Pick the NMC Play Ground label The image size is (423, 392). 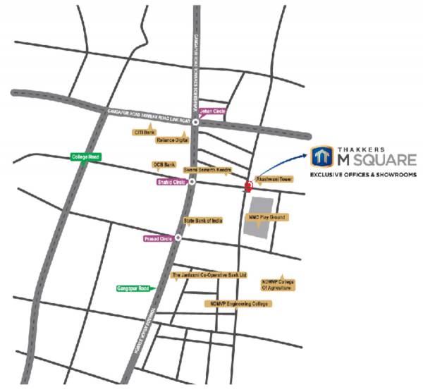click(266, 218)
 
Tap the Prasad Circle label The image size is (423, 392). click(158, 238)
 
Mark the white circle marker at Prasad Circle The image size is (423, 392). click(178, 238)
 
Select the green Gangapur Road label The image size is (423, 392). click(132, 288)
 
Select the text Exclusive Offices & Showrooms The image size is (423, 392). click(364, 173)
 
